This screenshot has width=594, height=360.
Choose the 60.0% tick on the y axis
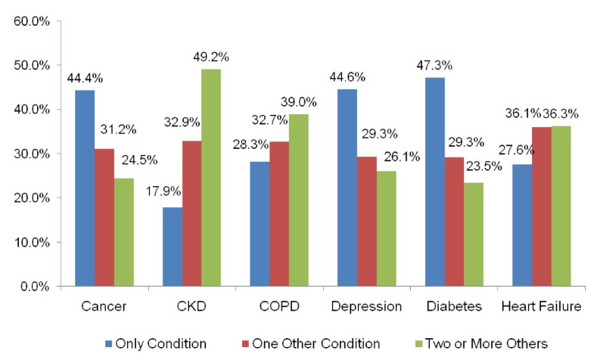(x=32, y=21)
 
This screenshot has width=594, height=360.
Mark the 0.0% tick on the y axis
(x=35, y=287)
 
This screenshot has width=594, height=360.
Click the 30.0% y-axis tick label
(x=32, y=154)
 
